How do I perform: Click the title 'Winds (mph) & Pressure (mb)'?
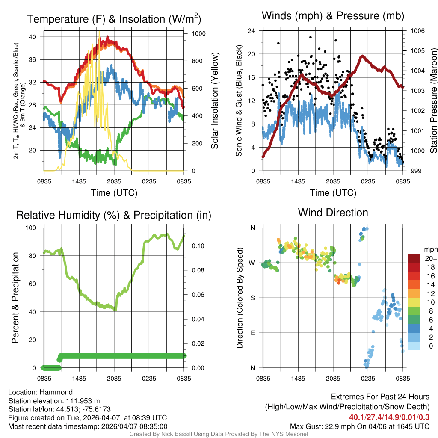tap(333, 16)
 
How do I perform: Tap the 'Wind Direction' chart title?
tap(333, 212)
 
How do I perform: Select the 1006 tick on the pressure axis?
tap(417, 31)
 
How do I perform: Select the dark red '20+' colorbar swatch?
tap(414, 258)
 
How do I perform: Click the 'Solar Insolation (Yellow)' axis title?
tap(214, 101)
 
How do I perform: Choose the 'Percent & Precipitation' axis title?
tap(15, 298)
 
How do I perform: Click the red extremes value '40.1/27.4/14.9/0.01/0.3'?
tap(389, 417)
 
